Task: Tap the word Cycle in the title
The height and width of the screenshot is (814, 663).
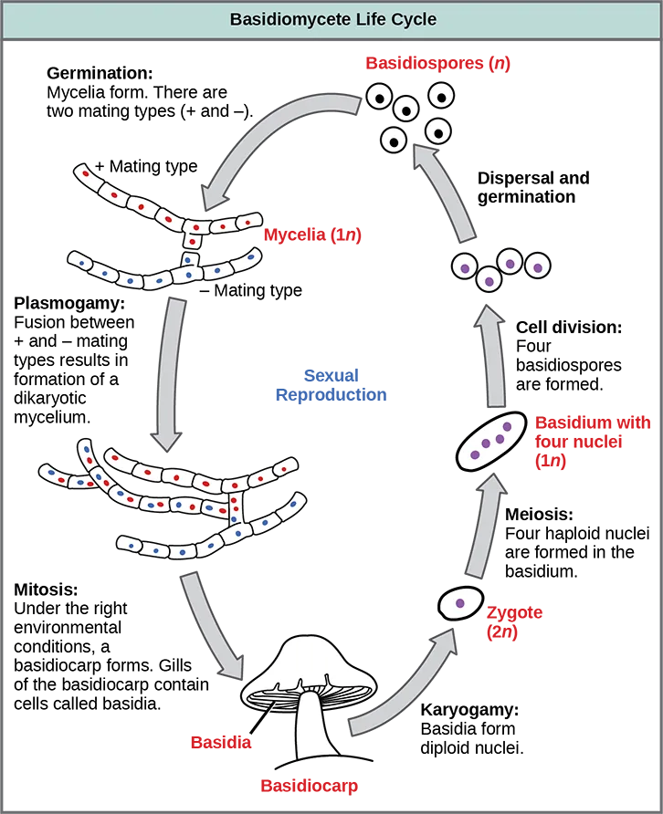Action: click(x=412, y=19)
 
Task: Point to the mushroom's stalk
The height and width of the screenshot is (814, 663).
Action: click(x=316, y=726)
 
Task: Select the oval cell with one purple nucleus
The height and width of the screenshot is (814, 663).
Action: click(x=460, y=603)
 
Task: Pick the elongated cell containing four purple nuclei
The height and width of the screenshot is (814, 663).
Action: click(x=491, y=442)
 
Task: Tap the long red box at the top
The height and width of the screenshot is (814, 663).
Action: click(x=510, y=62)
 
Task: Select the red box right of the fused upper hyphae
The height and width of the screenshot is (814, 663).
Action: click(x=357, y=236)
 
